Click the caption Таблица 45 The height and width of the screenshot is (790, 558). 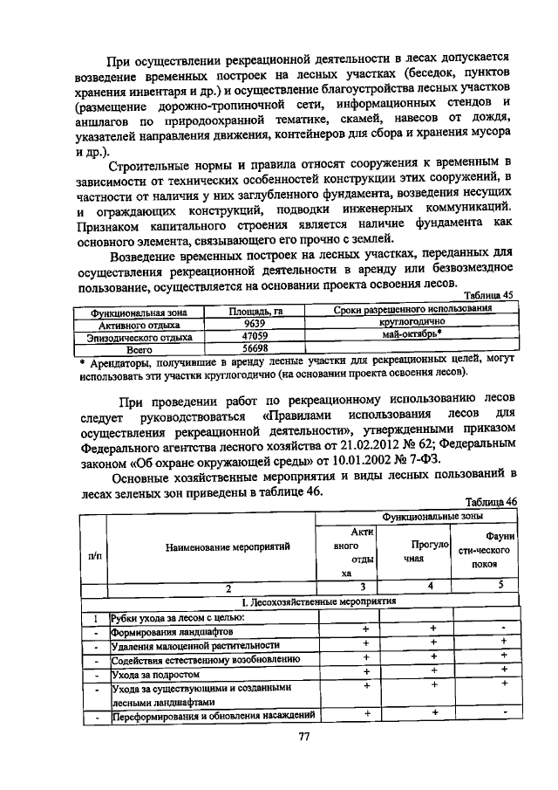click(488, 296)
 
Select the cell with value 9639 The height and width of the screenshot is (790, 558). click(255, 321)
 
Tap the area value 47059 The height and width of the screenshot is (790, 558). click(255, 334)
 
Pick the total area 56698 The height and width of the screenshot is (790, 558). click(255, 347)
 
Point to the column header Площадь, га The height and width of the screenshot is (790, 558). click(255, 309)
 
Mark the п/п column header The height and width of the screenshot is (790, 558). click(93, 554)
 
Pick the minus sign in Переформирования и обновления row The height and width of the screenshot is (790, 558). click(503, 713)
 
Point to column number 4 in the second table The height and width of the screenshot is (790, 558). click(431, 585)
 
